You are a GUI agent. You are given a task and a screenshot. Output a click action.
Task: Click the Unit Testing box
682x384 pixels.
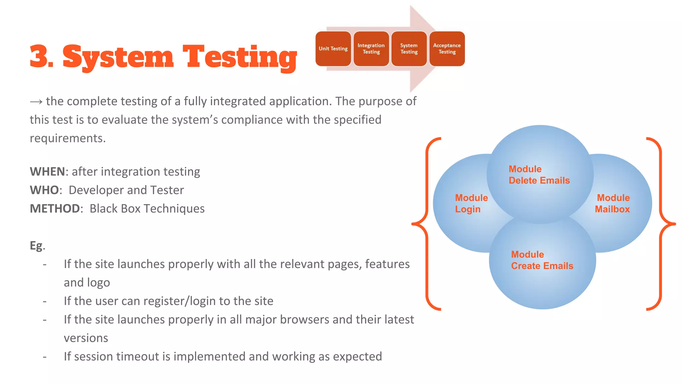tap(333, 49)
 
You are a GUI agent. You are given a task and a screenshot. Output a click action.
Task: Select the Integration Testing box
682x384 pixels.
tap(371, 49)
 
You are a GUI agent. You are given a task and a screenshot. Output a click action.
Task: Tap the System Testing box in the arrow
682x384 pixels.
tap(409, 49)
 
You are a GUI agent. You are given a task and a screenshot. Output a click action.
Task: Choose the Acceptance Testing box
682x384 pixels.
tap(447, 49)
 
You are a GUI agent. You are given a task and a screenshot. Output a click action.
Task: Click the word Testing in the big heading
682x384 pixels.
tap(240, 57)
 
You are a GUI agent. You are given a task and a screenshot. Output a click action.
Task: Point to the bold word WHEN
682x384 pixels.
tap(47, 172)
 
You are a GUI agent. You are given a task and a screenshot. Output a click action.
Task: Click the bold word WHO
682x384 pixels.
tap(44, 190)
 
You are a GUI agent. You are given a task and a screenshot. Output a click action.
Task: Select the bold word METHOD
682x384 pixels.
tap(55, 209)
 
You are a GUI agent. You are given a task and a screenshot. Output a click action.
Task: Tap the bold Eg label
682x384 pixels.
tap(36, 246)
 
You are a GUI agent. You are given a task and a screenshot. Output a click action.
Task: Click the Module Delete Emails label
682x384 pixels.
tap(539, 175)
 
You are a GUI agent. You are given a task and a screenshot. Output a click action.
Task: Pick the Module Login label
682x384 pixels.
tap(471, 203)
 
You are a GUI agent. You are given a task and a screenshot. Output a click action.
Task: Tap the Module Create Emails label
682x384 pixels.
tap(542, 260)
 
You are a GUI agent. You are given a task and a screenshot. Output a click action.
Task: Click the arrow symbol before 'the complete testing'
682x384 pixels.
tap(36, 102)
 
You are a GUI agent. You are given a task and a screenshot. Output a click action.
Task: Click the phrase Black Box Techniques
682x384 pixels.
tap(147, 209)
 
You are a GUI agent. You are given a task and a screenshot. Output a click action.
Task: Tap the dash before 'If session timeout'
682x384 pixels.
tap(45, 357)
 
